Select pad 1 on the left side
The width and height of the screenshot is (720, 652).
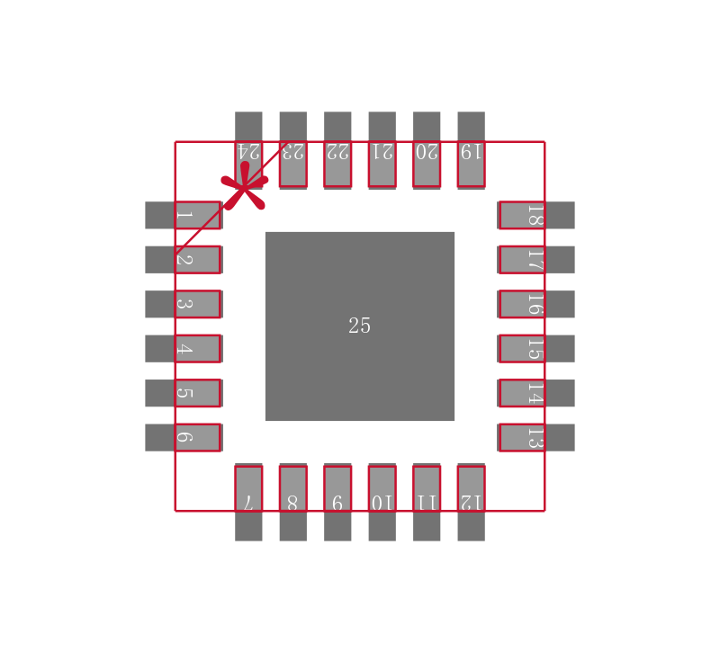pyautogui.click(x=184, y=215)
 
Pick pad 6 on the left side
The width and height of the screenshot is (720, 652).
pyautogui.click(x=184, y=437)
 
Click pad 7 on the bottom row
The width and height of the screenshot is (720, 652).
pyautogui.click(x=248, y=502)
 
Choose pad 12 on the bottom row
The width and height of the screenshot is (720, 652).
pyautogui.click(x=471, y=502)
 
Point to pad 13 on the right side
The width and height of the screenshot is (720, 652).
pyautogui.click(x=535, y=437)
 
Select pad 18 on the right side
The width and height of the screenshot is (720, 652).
pyautogui.click(x=535, y=215)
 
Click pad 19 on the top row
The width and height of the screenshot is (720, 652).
pyautogui.click(x=471, y=150)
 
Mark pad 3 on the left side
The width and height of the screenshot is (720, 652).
pyautogui.click(x=184, y=304)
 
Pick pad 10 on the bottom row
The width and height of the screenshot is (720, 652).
pyautogui.click(x=382, y=502)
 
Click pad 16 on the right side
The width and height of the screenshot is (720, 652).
pyautogui.click(x=535, y=304)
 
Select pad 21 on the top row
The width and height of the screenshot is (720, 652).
pyautogui.click(x=382, y=150)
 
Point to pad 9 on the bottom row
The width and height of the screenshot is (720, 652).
pyautogui.click(x=337, y=502)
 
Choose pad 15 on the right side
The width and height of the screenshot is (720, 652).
pyautogui.click(x=535, y=348)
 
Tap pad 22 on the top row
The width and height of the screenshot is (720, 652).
pyautogui.click(x=337, y=150)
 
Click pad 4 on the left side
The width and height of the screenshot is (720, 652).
pyautogui.click(x=184, y=348)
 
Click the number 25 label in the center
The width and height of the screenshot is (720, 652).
pyautogui.click(x=359, y=326)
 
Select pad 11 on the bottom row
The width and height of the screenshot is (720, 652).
pyautogui.click(x=427, y=502)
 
